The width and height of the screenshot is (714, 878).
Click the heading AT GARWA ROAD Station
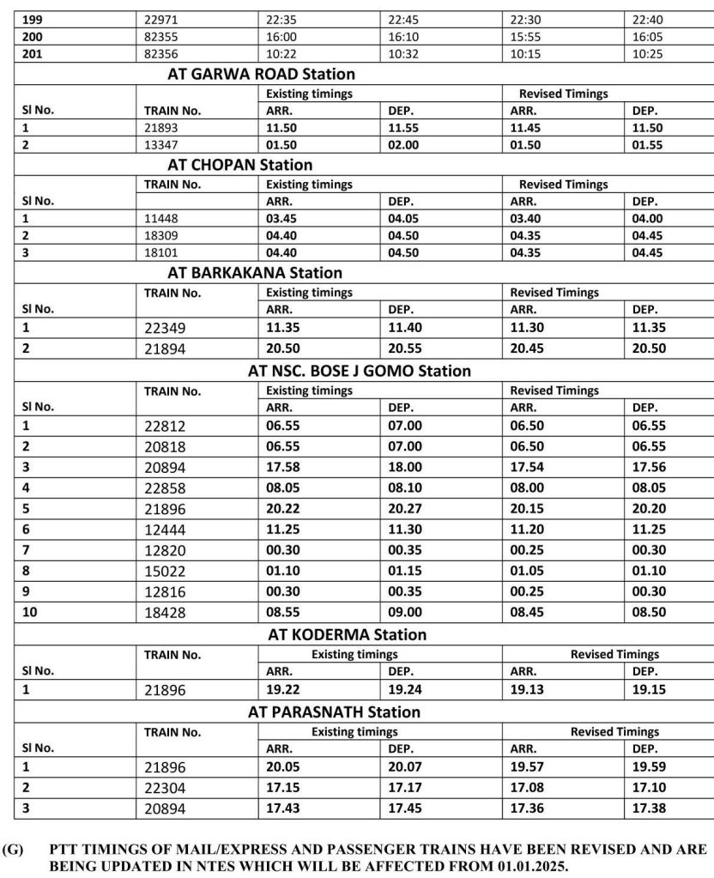(261, 74)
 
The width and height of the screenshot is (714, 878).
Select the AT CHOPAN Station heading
(239, 164)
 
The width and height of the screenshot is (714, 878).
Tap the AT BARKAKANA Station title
(254, 272)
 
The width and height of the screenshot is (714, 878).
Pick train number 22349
(166, 327)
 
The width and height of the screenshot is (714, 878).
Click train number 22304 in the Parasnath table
(166, 788)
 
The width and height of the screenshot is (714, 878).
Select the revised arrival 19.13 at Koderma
(526, 688)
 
